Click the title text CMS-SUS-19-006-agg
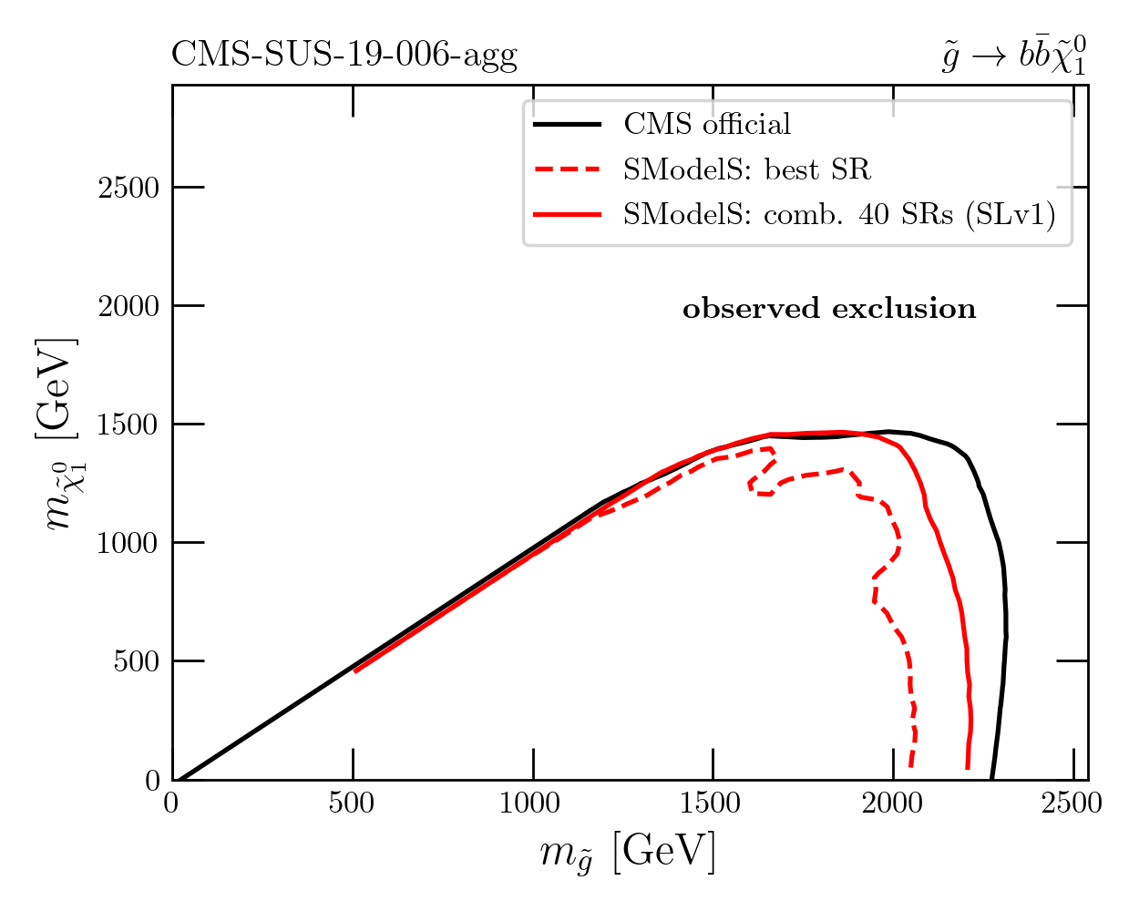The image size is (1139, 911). [x=344, y=56]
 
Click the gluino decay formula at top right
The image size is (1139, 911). [x=1013, y=56]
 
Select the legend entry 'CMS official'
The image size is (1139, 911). [x=707, y=124]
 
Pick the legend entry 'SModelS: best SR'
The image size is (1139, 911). [x=747, y=169]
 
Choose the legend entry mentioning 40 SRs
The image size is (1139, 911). [x=839, y=214]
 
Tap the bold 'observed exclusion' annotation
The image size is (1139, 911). [x=829, y=310]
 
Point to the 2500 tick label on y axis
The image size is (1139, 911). [x=128, y=188]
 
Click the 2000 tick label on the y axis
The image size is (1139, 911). [x=128, y=306]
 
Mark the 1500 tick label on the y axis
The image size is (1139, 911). [x=128, y=425]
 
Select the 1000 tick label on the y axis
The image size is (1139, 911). [x=128, y=543]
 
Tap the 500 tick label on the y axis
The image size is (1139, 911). [x=136, y=661]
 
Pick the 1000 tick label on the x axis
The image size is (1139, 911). [x=531, y=804]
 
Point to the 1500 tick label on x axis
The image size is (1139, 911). [x=712, y=804]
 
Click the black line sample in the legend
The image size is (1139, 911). [x=567, y=124]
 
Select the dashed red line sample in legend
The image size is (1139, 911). [x=567, y=169]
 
